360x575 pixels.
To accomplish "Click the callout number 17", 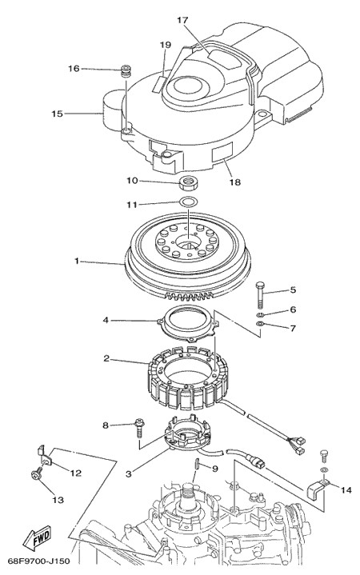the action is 182,20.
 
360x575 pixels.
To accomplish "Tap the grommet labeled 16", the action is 126,70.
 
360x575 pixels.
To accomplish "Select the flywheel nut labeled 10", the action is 188,182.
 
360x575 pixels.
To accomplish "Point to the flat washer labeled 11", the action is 187,202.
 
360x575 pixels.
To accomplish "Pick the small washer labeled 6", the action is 260,315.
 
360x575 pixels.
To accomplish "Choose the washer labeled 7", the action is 260,323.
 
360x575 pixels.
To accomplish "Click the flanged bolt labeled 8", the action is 139,427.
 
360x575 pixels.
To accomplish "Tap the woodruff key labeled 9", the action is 196,463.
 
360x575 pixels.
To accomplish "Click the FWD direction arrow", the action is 37,538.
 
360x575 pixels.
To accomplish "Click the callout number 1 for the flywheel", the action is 77,261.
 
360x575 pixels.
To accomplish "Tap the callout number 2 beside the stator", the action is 106,358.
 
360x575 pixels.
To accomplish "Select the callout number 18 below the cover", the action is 235,182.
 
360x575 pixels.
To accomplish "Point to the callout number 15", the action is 57,114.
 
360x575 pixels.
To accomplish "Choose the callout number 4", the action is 106,320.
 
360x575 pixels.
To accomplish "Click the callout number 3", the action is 128,473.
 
